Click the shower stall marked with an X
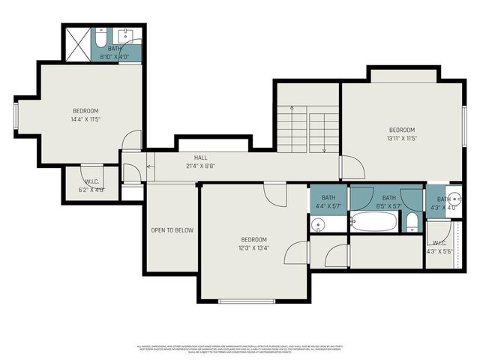point(76,44)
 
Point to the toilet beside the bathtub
point(412,221)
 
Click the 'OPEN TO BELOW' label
point(172,230)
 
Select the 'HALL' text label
point(200,157)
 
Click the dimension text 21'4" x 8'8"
point(200,166)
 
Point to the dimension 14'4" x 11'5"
point(86,118)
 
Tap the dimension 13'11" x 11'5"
point(401,138)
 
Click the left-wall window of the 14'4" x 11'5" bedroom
point(16,115)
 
